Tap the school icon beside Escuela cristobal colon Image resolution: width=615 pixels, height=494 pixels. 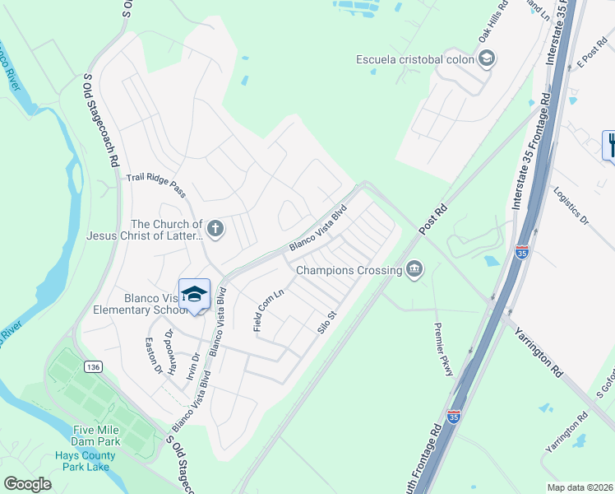click(x=486, y=58)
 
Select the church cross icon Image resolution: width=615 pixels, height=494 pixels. click(x=215, y=229)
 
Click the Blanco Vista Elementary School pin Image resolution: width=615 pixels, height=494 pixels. click(x=195, y=295)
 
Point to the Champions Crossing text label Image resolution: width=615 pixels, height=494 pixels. click(x=349, y=269)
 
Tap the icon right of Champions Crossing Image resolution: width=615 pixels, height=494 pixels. click(x=414, y=269)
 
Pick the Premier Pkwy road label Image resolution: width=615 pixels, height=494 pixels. click(x=443, y=348)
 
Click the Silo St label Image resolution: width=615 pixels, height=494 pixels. click(x=328, y=321)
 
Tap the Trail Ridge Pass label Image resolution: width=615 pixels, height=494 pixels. click(x=156, y=185)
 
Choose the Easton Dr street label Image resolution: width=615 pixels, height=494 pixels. click(x=154, y=355)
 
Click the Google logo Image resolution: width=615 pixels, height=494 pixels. click(x=27, y=484)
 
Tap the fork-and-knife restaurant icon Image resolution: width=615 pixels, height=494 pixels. click(x=610, y=145)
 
